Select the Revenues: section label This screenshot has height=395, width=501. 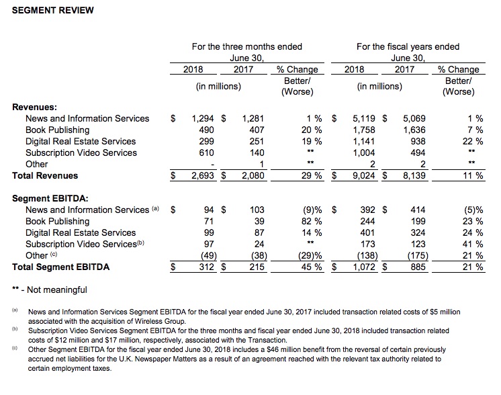point(35,106)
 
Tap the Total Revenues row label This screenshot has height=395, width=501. point(45,175)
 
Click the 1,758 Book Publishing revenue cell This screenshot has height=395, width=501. point(366,130)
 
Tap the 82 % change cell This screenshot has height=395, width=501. point(309,221)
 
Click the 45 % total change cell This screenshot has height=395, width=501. point(309,267)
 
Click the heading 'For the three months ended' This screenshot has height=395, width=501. point(246,46)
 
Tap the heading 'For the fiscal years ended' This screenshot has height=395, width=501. point(408,46)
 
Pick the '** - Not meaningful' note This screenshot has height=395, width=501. point(49,290)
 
